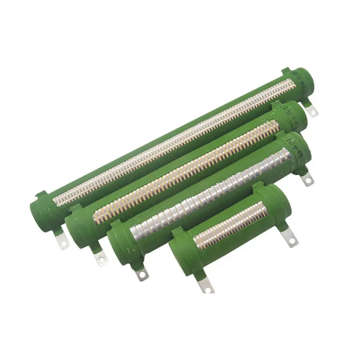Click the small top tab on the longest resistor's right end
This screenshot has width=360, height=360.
[285, 71]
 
